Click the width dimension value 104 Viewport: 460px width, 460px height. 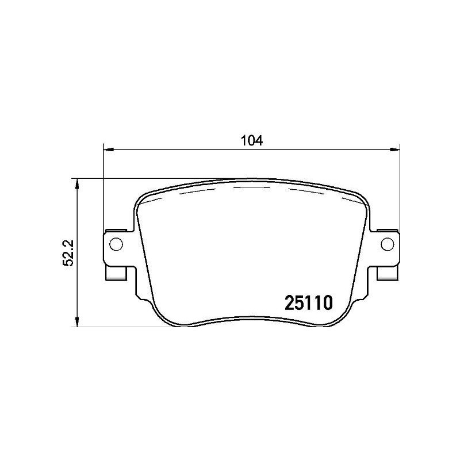251,140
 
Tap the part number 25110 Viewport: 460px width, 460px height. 309,303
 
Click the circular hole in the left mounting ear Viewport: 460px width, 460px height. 115,243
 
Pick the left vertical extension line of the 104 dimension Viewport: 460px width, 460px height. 103,190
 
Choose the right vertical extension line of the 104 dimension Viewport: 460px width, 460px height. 399,190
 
